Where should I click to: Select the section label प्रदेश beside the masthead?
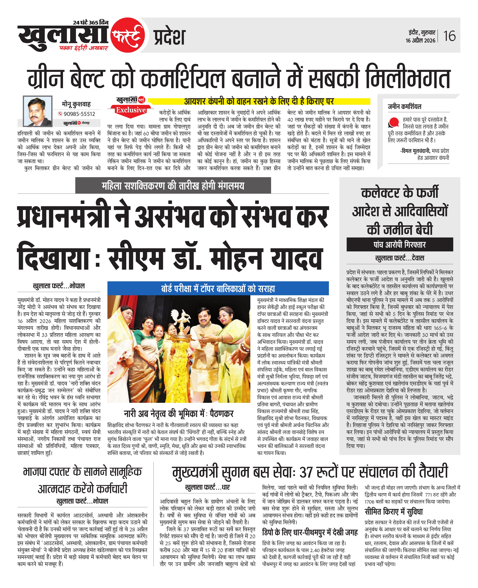(x=169, y=37)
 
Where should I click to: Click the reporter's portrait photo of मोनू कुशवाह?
(x=38, y=111)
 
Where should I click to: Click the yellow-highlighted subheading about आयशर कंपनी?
(x=259, y=101)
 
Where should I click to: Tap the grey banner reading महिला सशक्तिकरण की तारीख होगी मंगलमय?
(x=173, y=186)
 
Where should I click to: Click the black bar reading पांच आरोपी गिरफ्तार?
(x=400, y=244)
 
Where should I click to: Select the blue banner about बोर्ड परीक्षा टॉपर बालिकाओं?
(x=218, y=289)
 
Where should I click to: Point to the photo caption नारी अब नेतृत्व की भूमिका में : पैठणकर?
(x=179, y=413)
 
